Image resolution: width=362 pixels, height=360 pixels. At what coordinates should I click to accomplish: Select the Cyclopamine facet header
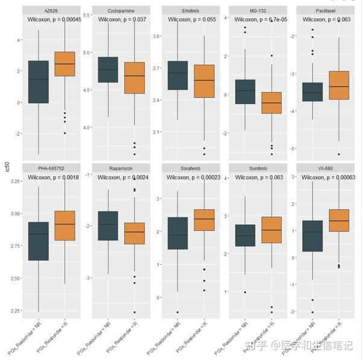pyautogui.click(x=121, y=10)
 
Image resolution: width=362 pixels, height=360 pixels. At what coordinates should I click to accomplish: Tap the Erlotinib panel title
pyautogui.click(x=192, y=10)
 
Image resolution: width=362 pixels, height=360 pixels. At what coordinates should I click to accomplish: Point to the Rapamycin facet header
pyautogui.click(x=121, y=168)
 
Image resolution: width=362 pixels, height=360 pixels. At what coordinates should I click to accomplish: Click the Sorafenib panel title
pyautogui.click(x=192, y=168)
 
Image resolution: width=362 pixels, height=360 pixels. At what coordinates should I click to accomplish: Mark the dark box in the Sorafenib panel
pyautogui.click(x=177, y=233)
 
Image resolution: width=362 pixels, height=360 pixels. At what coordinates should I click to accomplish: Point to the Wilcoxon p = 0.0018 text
pyautogui.click(x=55, y=178)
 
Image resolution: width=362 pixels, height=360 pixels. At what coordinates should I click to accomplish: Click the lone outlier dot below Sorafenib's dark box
pyautogui.click(x=177, y=312)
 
